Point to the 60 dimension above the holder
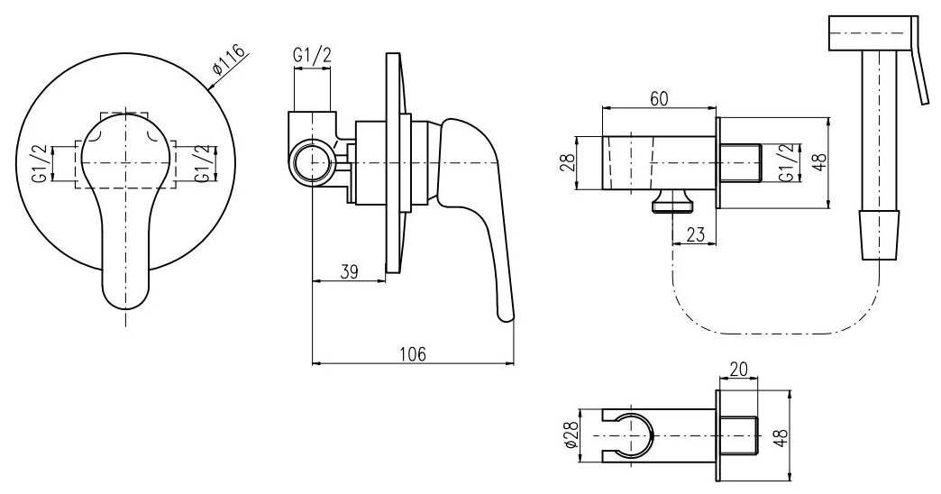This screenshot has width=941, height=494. tap(659, 100)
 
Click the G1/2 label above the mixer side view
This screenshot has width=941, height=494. tap(312, 56)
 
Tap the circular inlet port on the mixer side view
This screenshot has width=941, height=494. tap(312, 162)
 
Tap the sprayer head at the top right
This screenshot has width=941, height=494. tap(870, 36)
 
